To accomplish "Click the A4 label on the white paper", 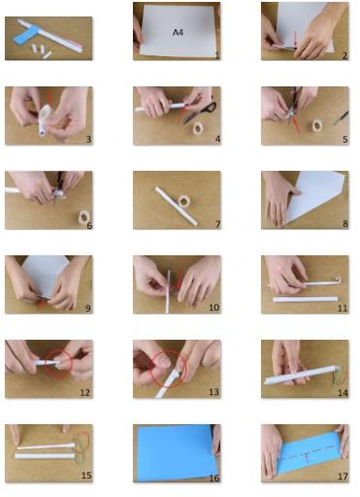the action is tap(179, 32).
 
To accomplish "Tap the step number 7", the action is tap(217, 224).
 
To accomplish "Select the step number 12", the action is tap(84, 392).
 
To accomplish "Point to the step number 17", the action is tap(343, 477).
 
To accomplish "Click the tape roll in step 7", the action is tap(184, 201).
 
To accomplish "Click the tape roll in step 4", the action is tap(198, 128).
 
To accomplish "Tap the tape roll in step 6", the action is tap(84, 216).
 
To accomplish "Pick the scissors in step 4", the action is tap(201, 112).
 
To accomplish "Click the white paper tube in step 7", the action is tap(177, 206).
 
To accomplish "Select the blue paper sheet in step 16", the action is tap(176, 452).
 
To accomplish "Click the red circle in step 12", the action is tap(59, 363).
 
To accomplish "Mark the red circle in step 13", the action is tap(169, 368).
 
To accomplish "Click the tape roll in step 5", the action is tap(316, 125).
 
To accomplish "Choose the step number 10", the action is tap(213, 308).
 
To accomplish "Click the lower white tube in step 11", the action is tap(306, 299).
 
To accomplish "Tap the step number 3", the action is tap(88, 140).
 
